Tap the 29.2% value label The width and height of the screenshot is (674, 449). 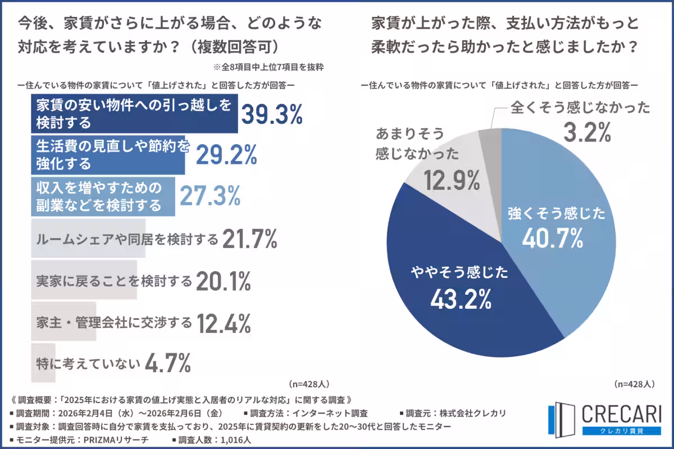coord(226,154)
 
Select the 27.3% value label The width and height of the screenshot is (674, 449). coord(210,196)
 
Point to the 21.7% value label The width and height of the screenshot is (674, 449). coord(249,240)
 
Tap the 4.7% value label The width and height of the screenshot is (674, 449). coord(168,364)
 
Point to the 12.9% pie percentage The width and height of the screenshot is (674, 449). coord(452,181)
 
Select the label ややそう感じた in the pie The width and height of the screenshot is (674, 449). coord(457,273)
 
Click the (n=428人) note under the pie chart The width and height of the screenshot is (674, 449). coord(634,384)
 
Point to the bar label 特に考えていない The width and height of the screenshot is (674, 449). coord(87,364)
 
